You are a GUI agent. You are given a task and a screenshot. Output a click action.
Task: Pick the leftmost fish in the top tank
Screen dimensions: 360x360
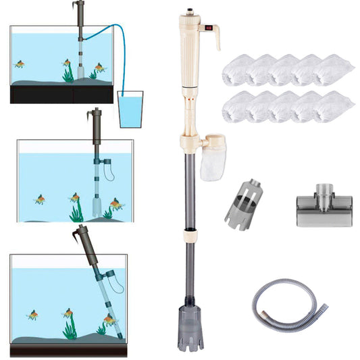[20, 64]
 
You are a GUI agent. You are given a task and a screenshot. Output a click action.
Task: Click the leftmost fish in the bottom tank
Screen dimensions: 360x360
[32, 315]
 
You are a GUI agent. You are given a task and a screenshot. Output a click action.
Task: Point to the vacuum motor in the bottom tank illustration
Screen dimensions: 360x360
[86, 242]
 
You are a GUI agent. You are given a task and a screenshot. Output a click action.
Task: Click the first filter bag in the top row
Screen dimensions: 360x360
[237, 70]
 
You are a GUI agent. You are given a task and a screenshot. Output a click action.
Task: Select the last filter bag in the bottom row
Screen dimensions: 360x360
[334, 106]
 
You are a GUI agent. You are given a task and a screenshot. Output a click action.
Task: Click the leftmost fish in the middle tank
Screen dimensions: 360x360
[41, 199]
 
